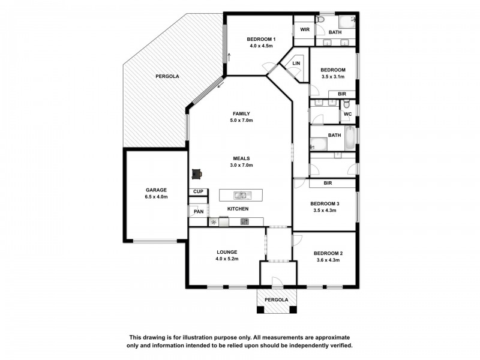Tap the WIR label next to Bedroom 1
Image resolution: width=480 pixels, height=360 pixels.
pos(304,29)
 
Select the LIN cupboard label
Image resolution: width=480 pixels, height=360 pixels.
pos(296,63)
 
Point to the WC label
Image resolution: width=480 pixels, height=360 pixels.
pos(347,113)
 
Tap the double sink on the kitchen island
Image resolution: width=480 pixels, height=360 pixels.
pos(241,194)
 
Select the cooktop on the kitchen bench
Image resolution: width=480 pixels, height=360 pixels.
pos(245,221)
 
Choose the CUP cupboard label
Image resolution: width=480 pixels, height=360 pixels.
pos(197,192)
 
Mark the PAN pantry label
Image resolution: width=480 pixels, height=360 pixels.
pos(198,211)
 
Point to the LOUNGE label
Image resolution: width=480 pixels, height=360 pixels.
pos(227,252)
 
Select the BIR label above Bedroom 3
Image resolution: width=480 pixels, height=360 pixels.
pos(328,182)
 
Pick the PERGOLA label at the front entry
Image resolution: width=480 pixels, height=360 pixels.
pos(276,299)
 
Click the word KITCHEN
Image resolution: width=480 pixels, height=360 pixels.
pos(238,209)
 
